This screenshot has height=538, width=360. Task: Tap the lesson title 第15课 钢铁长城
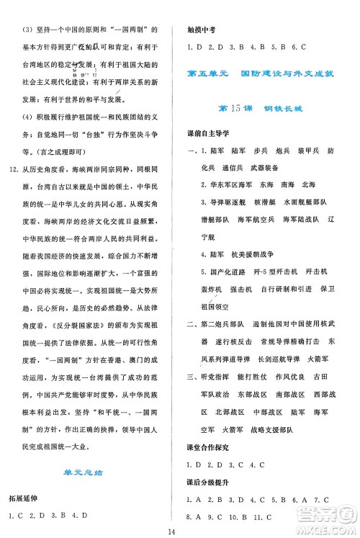pos(267,108)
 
